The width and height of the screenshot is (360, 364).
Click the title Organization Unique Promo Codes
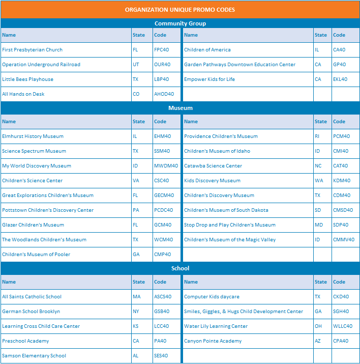(x=180, y=10)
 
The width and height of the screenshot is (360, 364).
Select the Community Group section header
(x=180, y=23)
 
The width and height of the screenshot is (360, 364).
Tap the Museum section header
(x=180, y=108)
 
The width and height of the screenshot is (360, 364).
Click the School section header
(x=180, y=268)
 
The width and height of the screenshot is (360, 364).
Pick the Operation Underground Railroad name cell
(x=41, y=65)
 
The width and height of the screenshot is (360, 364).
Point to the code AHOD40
(x=164, y=94)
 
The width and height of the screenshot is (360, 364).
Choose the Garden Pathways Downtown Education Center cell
(x=239, y=65)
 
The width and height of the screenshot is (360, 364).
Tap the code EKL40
(x=340, y=79)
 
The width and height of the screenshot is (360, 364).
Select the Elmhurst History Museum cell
(x=33, y=136)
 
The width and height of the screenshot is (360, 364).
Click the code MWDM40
(x=166, y=166)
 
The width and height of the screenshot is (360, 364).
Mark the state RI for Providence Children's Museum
(x=318, y=136)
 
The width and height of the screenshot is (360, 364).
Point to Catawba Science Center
(x=213, y=166)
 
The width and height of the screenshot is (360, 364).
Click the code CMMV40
(x=344, y=240)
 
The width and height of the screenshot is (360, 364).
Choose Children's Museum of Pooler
(x=36, y=255)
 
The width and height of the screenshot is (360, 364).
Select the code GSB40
(x=162, y=312)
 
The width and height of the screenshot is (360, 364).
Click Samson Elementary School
(x=34, y=356)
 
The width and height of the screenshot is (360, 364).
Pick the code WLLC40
(x=343, y=326)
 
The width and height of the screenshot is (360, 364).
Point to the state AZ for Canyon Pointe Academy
(x=318, y=341)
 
